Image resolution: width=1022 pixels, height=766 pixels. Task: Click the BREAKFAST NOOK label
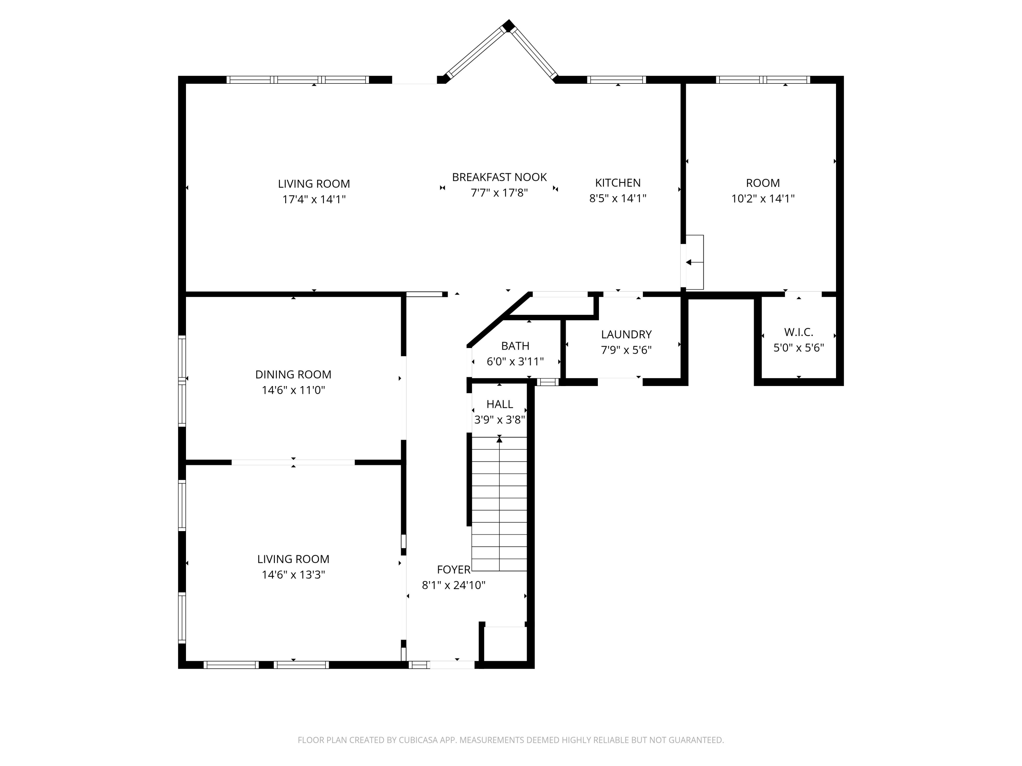(499, 177)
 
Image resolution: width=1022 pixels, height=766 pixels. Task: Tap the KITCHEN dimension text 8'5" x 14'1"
(617, 198)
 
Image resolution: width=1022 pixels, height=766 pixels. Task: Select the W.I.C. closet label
(799, 332)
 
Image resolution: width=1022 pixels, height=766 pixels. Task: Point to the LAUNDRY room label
(626, 334)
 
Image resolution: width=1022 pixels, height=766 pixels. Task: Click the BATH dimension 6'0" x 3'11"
(515, 362)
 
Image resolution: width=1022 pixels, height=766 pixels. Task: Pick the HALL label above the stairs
(499, 404)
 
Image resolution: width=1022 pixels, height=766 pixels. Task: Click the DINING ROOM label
(293, 374)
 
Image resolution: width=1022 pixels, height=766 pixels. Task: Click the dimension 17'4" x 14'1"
(314, 200)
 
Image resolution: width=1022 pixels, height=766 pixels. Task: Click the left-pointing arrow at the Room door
(688, 262)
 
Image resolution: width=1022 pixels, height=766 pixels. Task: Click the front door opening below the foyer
(452, 665)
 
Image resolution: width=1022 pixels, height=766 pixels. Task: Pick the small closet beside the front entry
(505, 644)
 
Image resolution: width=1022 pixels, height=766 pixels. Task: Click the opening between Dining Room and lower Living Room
(293, 462)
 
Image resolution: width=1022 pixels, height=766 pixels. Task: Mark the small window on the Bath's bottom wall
(548, 382)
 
